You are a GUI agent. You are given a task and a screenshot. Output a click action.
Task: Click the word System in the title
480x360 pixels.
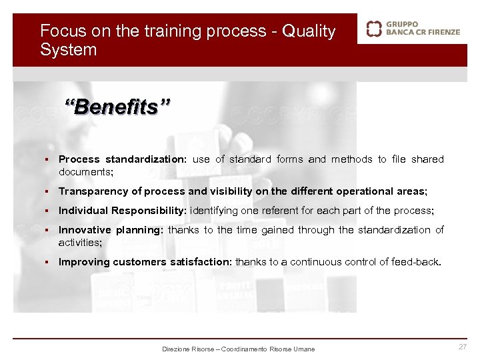point(68,50)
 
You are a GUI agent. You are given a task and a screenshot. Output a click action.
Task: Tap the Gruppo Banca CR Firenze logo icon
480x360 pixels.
point(375,28)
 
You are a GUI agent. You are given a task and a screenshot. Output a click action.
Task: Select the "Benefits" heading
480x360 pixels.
point(117,105)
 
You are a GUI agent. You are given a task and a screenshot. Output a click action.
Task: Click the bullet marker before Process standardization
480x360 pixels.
point(49,159)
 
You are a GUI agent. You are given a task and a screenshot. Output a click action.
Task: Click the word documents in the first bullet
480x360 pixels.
point(85,171)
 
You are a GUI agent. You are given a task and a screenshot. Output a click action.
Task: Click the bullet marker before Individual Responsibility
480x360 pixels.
point(49,211)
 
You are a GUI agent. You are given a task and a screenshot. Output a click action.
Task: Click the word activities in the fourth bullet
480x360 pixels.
point(79,242)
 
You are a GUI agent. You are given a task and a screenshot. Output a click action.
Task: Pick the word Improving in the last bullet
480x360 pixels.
point(84,262)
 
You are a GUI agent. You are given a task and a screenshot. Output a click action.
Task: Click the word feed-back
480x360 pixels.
point(417,262)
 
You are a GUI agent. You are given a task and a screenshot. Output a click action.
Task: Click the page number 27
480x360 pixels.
point(462,347)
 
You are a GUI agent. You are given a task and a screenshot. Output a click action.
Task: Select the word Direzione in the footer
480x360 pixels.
point(176,349)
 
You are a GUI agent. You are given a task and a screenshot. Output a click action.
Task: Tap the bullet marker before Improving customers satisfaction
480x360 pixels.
point(49,262)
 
